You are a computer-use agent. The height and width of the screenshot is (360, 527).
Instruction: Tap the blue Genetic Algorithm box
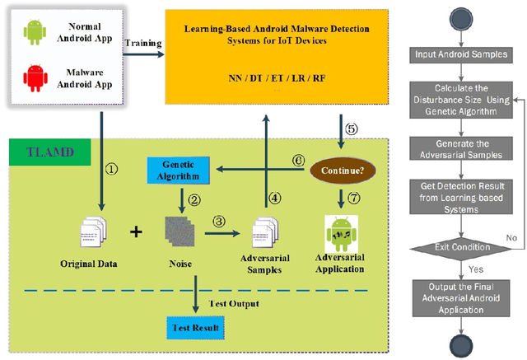[x=176, y=171]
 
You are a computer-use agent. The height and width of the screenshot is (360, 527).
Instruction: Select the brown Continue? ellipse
[x=339, y=171]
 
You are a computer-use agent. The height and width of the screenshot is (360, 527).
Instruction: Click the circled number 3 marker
[x=220, y=220]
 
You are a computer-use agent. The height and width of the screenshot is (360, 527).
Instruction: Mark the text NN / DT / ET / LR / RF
[x=275, y=79]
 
